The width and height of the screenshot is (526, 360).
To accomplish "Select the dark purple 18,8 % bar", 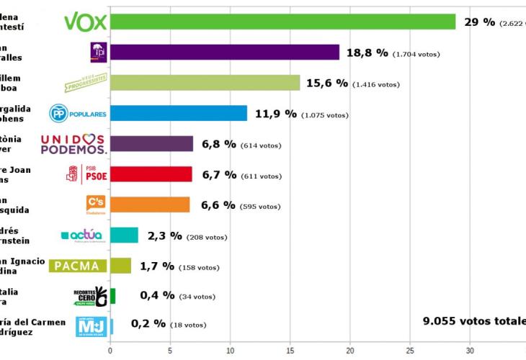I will point(224,53).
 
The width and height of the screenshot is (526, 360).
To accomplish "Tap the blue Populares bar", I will point(178,114).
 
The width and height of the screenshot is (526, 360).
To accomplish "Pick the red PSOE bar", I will point(151,174).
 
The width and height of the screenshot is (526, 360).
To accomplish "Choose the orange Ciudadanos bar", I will point(149,205).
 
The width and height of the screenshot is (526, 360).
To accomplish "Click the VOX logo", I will point(85,22).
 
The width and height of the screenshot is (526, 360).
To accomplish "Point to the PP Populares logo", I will point(78,114).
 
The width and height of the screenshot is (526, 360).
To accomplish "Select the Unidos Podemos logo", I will point(73,144).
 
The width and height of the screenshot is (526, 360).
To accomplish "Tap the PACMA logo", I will point(78,266).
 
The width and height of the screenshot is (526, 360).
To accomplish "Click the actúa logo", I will point(82,235).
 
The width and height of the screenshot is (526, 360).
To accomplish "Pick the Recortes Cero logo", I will point(90,296).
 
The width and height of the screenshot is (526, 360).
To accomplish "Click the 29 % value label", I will point(479,22).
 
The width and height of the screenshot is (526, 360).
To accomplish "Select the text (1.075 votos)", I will point(324,115).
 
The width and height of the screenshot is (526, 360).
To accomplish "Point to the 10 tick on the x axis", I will point(230,351).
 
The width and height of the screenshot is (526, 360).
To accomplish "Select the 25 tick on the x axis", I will point(409,351).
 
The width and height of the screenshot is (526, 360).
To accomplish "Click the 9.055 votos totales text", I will point(473,321).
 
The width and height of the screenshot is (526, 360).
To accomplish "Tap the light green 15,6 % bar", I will point(205,83).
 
